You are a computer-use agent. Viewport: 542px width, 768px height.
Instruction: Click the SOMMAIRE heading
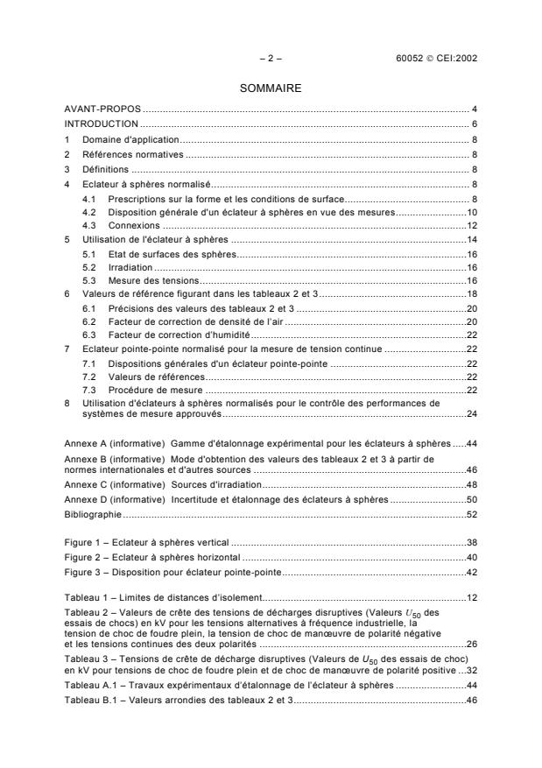pos(271,88)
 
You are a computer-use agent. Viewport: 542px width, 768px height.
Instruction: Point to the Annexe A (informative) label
pos(114,444)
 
